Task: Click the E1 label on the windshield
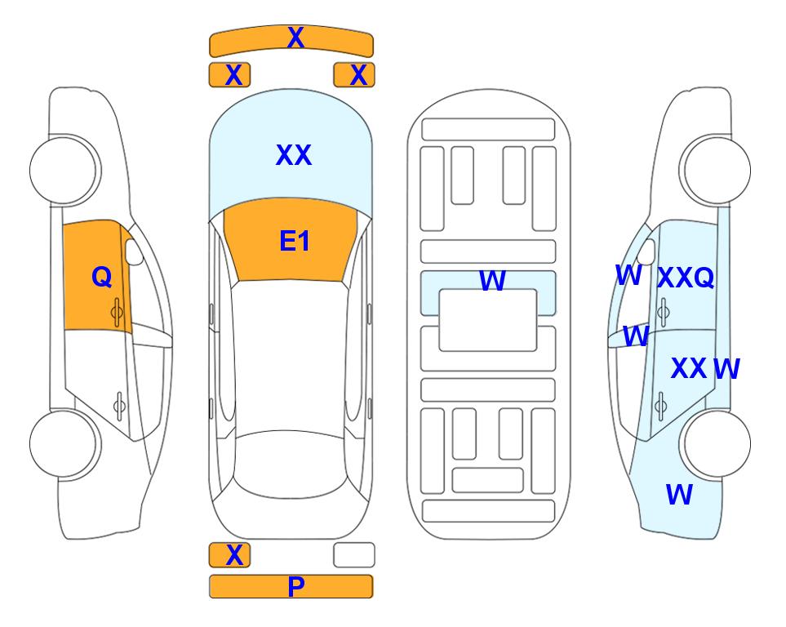point(295,241)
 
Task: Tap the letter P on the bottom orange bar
point(295,586)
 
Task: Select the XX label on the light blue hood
point(294,155)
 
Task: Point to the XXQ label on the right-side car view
point(686,278)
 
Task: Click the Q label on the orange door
point(102,277)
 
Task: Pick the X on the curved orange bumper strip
point(295,37)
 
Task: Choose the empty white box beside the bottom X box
point(354,555)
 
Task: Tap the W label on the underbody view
point(492,281)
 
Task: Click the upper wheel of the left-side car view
point(64,171)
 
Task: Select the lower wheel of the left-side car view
point(64,443)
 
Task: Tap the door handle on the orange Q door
point(118,312)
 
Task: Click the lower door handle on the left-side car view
point(119,405)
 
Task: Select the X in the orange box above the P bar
point(234,555)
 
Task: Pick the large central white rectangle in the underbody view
point(488,320)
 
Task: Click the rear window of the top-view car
point(291,464)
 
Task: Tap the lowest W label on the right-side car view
point(679,495)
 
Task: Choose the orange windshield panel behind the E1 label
point(291,240)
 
